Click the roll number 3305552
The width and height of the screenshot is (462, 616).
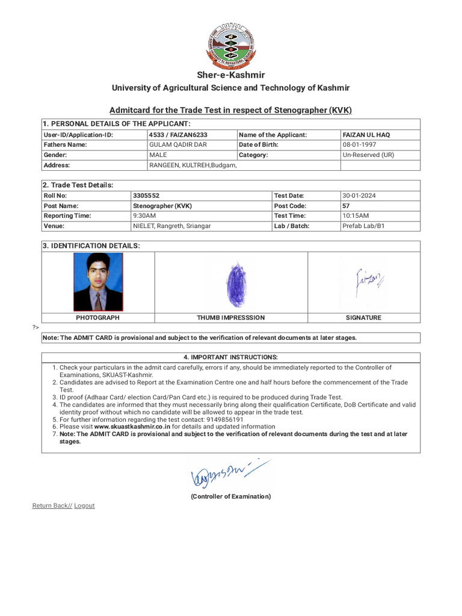tap(146, 196)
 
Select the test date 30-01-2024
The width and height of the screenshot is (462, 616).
tap(358, 196)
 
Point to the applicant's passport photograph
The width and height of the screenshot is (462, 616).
tap(98, 282)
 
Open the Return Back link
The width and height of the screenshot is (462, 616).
tap(52, 506)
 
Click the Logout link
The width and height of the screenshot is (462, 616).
tap(84, 506)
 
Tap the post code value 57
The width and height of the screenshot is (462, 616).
tap(346, 206)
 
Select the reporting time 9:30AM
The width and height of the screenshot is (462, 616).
tap(144, 216)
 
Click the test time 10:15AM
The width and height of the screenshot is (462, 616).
tap(356, 216)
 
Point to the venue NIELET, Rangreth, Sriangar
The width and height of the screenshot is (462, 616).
tap(171, 226)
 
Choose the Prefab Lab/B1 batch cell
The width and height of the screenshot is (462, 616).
tap(359, 226)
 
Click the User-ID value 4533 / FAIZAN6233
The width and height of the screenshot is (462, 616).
tap(178, 135)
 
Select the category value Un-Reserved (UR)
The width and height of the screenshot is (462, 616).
tap(368, 155)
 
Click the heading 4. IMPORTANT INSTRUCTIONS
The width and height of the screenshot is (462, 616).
tap(230, 357)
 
